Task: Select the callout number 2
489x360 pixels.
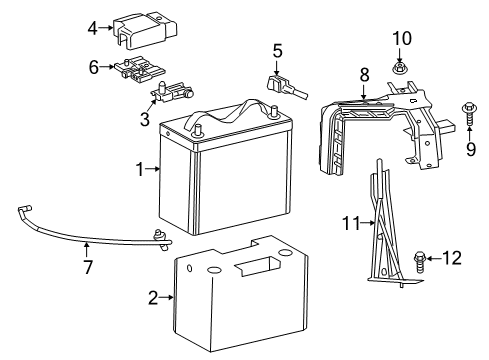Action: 153,296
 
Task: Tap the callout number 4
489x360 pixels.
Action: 92,28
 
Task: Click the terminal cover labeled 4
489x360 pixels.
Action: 142,30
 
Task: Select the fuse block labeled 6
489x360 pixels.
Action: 138,70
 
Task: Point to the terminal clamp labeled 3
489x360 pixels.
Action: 170,96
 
